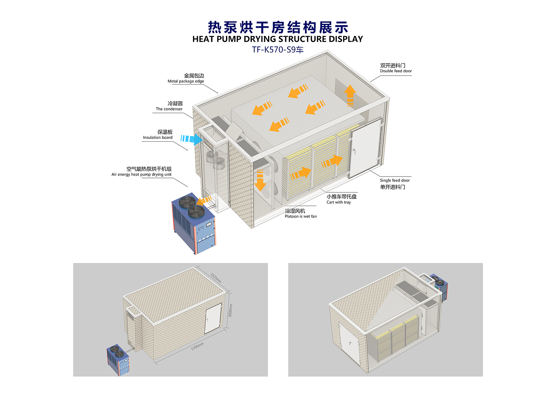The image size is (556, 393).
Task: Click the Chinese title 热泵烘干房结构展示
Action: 278,27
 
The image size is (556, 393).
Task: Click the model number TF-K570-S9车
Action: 278,50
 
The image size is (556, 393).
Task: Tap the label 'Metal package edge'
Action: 186,81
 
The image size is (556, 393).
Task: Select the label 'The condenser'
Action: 169,109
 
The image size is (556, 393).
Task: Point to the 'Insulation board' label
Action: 158,137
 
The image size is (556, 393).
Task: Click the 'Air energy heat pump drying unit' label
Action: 141,174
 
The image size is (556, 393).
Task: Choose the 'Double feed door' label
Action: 396,71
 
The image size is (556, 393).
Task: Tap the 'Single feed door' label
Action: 395,180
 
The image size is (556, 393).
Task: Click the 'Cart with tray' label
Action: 339,202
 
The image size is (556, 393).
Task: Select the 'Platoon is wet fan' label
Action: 301,216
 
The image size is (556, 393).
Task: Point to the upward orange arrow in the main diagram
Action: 350,95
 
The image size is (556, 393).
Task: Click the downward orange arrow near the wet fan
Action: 260,181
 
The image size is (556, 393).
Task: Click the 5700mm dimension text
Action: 197,346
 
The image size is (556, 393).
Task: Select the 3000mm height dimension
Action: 230,310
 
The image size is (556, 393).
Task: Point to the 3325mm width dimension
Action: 216,277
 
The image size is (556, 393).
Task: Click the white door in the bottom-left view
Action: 213,318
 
